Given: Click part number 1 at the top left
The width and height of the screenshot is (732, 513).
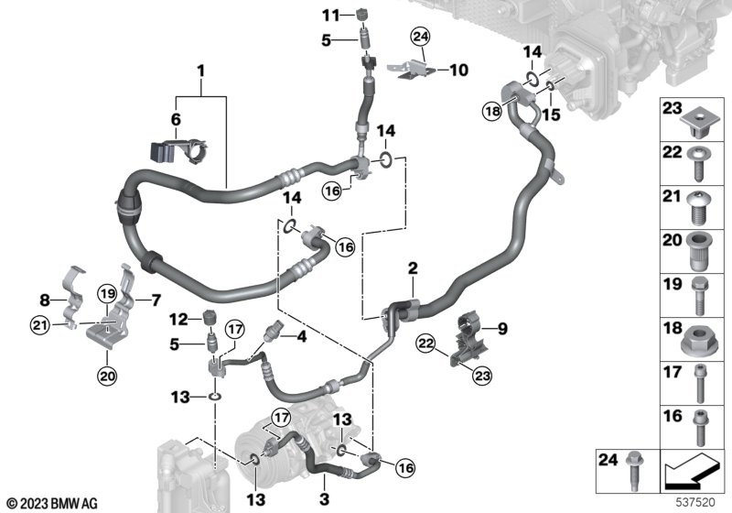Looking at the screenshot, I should (201, 71).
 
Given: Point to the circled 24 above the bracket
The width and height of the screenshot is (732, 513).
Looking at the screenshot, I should (420, 38).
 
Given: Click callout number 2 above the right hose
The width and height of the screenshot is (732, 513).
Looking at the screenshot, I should (413, 268).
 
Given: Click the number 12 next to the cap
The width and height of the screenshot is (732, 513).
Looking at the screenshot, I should (181, 319).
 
